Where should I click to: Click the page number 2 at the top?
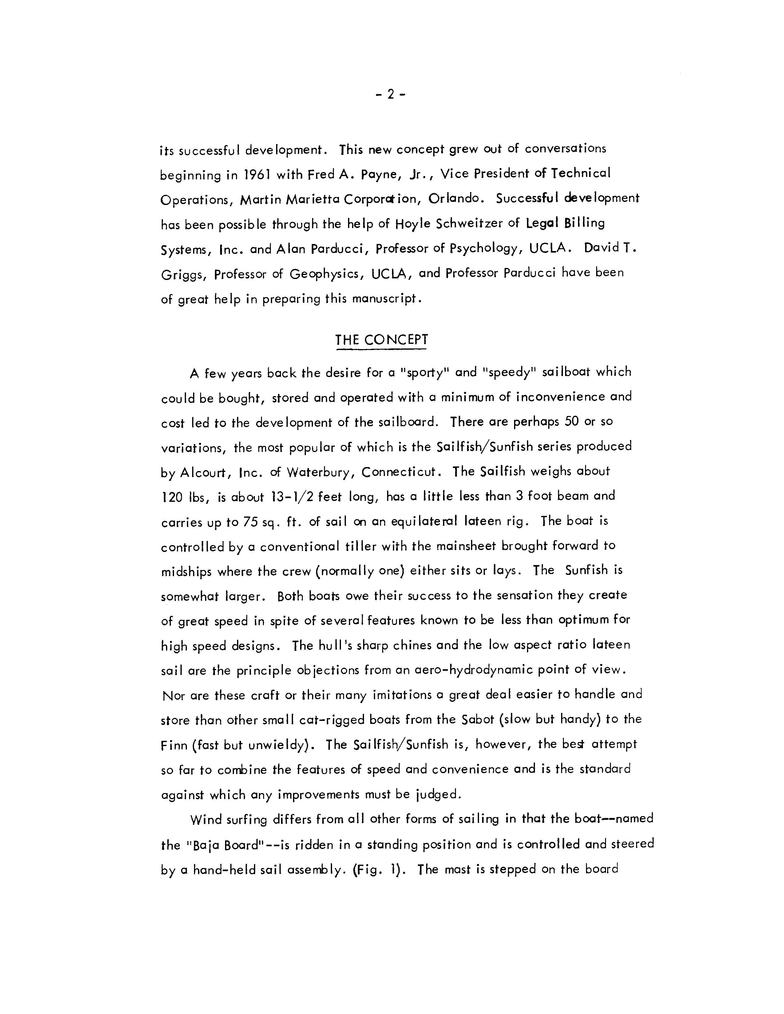tap(390, 95)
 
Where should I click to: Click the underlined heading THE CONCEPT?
tap(381, 340)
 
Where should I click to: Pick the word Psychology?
tap(484, 249)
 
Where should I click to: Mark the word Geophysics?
tap(325, 274)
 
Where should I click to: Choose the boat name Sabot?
tap(475, 720)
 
